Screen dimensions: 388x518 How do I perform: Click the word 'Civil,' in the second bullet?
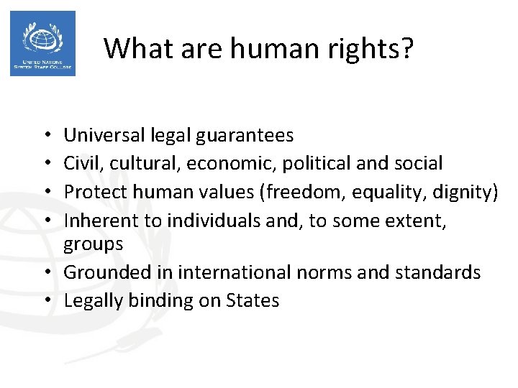[82, 163]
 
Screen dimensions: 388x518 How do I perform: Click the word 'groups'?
[94, 244]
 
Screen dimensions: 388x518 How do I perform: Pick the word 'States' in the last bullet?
[252, 300]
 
